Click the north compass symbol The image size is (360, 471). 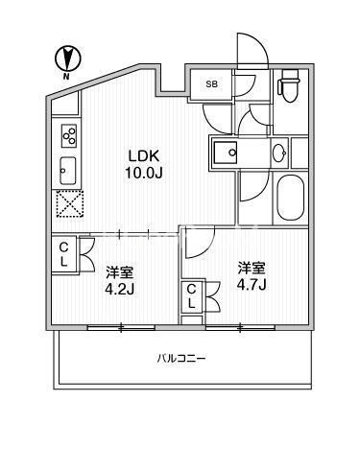click(67, 59)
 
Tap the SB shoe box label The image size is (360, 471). click(211, 84)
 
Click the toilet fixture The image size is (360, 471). click(290, 85)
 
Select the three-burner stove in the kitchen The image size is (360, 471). click(69, 136)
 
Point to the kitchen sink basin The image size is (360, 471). click(67, 171)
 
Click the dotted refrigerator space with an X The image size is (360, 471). click(70, 204)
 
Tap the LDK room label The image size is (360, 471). click(144, 155)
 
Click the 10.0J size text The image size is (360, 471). click(144, 173)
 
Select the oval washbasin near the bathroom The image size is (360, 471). click(279, 153)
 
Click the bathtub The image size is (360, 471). click(290, 198)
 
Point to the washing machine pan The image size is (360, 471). click(226, 153)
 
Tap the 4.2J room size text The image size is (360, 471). click(119, 290)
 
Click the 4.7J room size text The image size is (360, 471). click(252, 284)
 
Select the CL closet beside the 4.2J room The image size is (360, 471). click(64, 254)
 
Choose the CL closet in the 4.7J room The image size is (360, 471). click(191, 296)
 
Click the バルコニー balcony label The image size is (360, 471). click(181, 358)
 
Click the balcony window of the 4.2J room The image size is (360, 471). click(121, 327)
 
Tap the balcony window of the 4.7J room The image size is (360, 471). click(240, 327)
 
